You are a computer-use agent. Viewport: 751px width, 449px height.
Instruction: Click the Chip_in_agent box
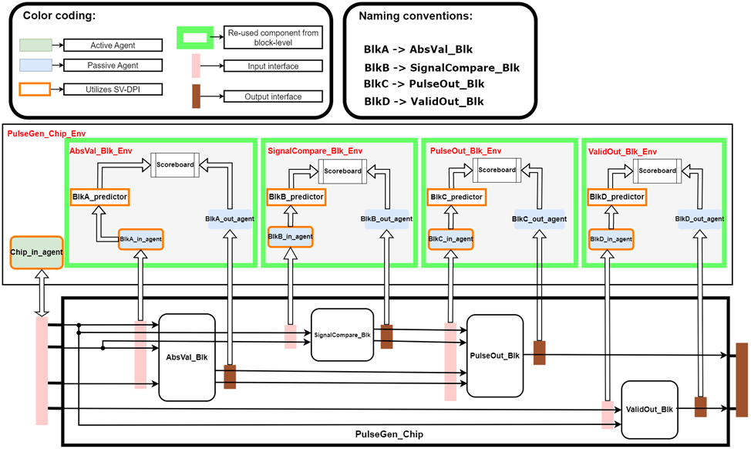point(35,252)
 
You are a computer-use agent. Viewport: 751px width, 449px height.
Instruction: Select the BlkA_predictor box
point(99,197)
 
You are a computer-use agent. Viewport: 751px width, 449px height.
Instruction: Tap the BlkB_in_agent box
point(289,236)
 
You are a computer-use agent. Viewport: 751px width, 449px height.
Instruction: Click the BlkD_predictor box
point(616,197)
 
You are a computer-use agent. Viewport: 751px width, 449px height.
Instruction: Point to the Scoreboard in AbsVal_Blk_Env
point(174,164)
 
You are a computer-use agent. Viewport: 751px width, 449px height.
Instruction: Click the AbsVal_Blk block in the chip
point(187,357)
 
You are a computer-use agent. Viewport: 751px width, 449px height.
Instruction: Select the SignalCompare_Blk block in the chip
point(342,335)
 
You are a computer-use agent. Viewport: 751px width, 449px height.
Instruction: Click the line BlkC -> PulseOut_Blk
point(424,83)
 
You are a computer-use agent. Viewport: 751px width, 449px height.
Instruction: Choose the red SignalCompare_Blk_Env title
point(315,151)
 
